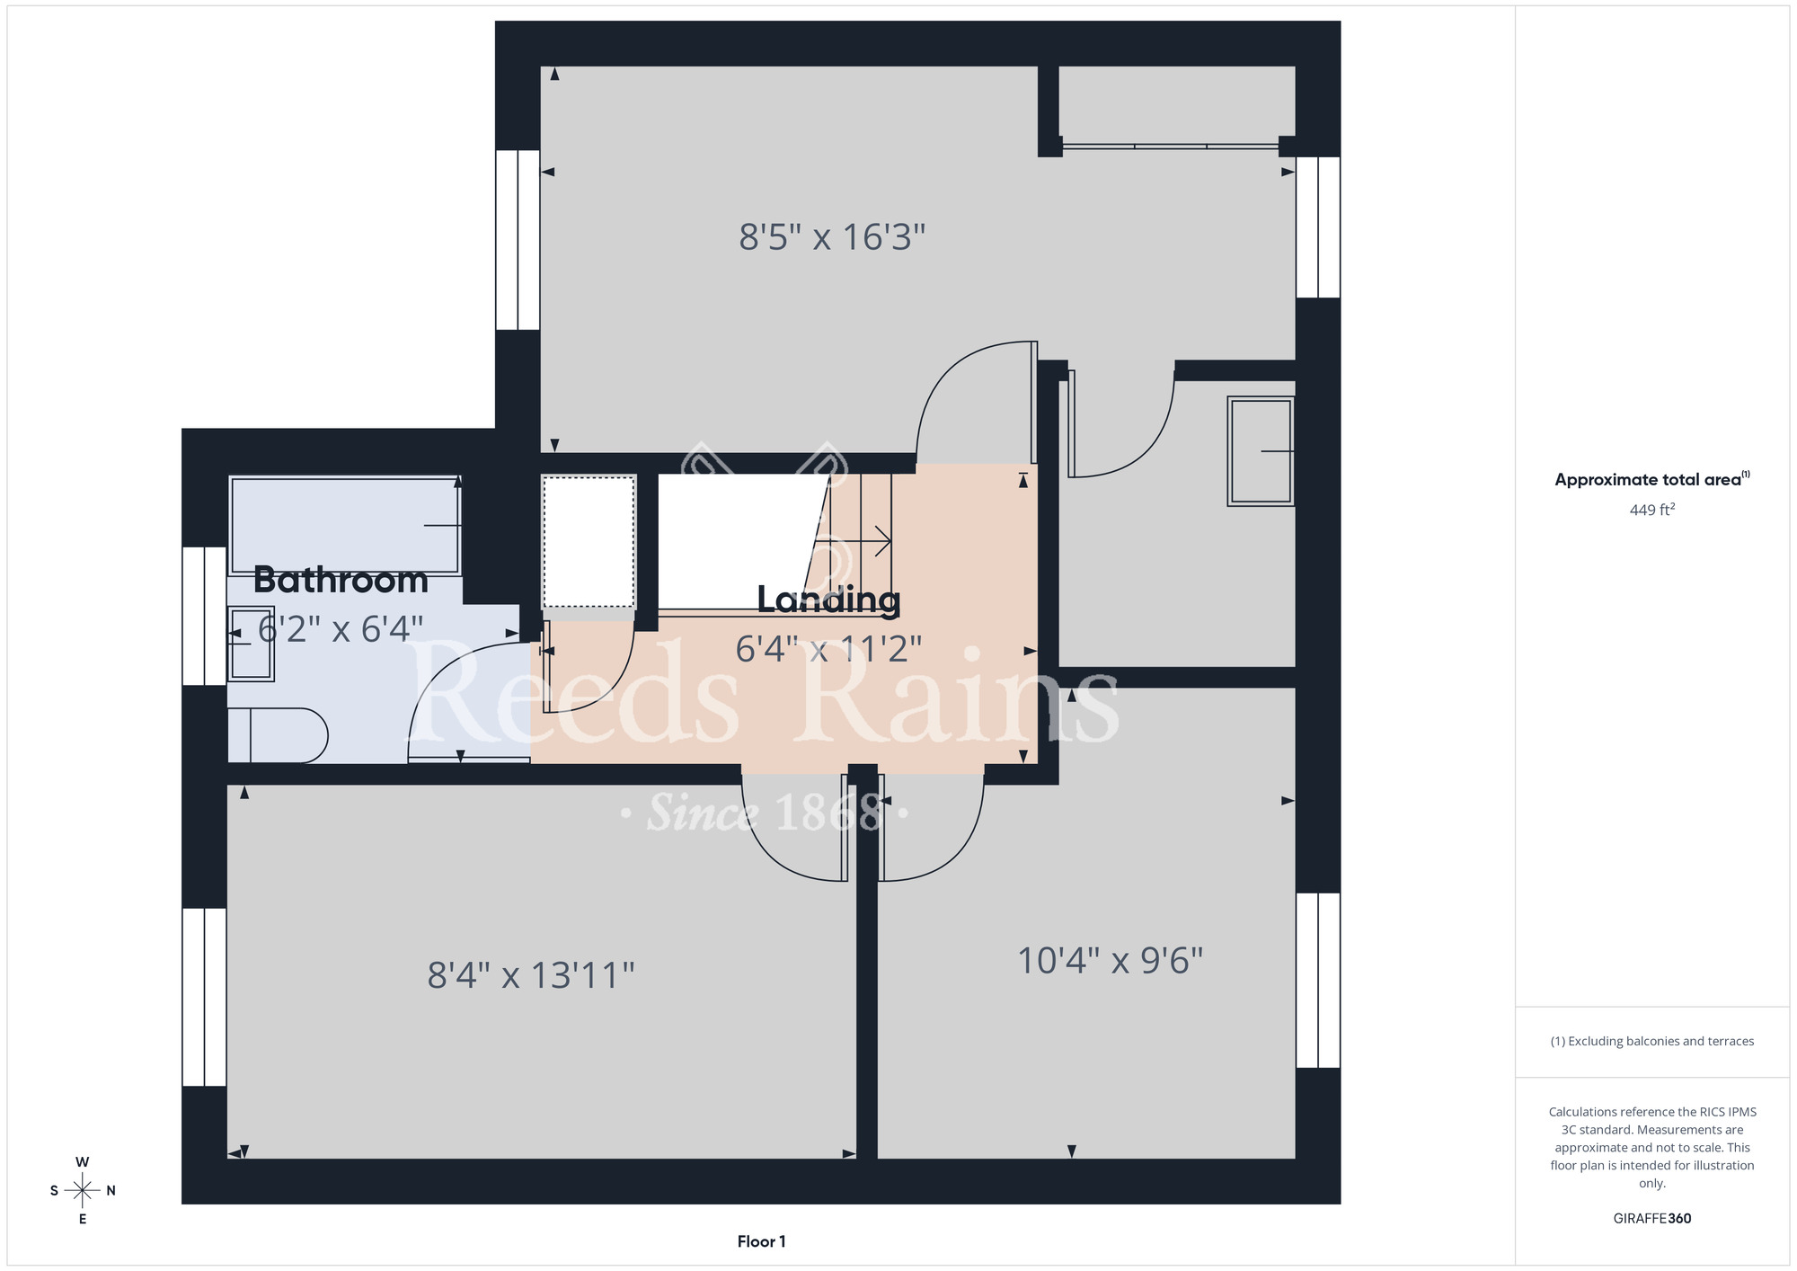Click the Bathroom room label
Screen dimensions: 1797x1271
click(x=341, y=580)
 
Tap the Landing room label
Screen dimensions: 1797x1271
click(x=828, y=600)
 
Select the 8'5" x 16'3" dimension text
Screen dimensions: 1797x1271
click(x=832, y=237)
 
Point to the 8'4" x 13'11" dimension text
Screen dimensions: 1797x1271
click(x=531, y=975)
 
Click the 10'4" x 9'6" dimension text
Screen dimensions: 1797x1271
click(x=1110, y=960)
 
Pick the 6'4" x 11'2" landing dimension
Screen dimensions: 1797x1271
click(x=828, y=648)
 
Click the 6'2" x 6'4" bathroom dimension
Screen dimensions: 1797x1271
click(x=341, y=628)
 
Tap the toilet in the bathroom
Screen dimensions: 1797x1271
click(x=278, y=735)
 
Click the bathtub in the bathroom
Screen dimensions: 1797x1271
click(x=346, y=526)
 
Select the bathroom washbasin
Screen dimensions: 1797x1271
click(x=251, y=644)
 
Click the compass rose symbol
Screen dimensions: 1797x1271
click(x=83, y=1191)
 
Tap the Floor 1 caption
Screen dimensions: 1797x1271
click(x=761, y=1241)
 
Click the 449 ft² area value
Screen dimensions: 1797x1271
click(x=1652, y=510)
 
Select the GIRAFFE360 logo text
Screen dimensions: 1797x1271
click(x=1652, y=1219)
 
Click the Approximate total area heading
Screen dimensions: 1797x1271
click(x=1652, y=479)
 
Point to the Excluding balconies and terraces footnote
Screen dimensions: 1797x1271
click(x=1652, y=1041)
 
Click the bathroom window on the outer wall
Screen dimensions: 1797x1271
click(x=205, y=616)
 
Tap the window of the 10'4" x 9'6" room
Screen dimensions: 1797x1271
click(x=1318, y=980)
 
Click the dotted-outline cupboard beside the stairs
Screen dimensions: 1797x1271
click(x=589, y=542)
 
